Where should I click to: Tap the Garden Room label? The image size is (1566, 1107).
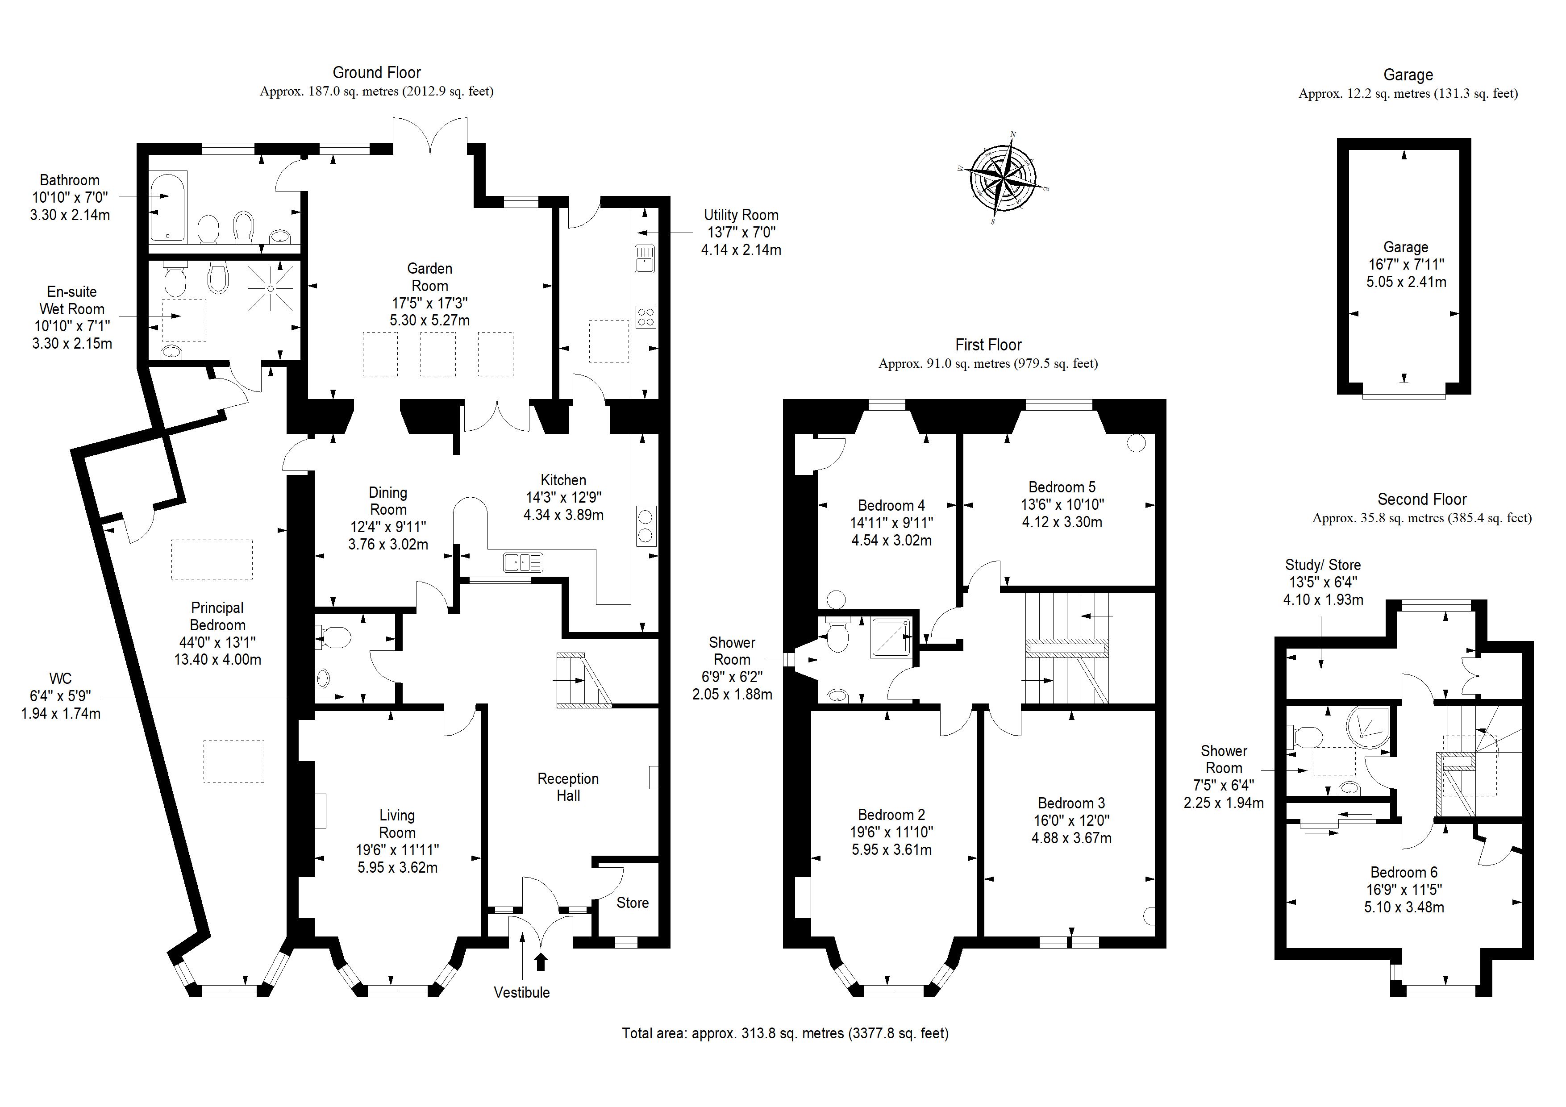(x=430, y=277)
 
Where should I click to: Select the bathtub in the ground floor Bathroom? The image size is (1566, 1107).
(x=167, y=208)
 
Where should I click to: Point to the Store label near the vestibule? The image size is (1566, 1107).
(x=632, y=903)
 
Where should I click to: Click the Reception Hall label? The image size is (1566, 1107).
(x=568, y=787)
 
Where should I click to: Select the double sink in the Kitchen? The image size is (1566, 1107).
(x=523, y=562)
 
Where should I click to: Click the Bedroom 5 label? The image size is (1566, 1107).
(x=1062, y=487)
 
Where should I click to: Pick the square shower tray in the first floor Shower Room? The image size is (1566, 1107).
(x=891, y=637)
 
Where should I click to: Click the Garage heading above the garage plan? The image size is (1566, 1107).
(x=1408, y=75)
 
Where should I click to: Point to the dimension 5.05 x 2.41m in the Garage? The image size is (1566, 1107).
(x=1406, y=282)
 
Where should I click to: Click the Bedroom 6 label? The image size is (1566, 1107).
(x=1404, y=872)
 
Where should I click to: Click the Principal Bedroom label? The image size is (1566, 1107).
(x=217, y=616)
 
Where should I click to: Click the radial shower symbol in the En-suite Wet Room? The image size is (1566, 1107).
(x=271, y=288)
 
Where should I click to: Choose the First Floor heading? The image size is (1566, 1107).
(x=988, y=345)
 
